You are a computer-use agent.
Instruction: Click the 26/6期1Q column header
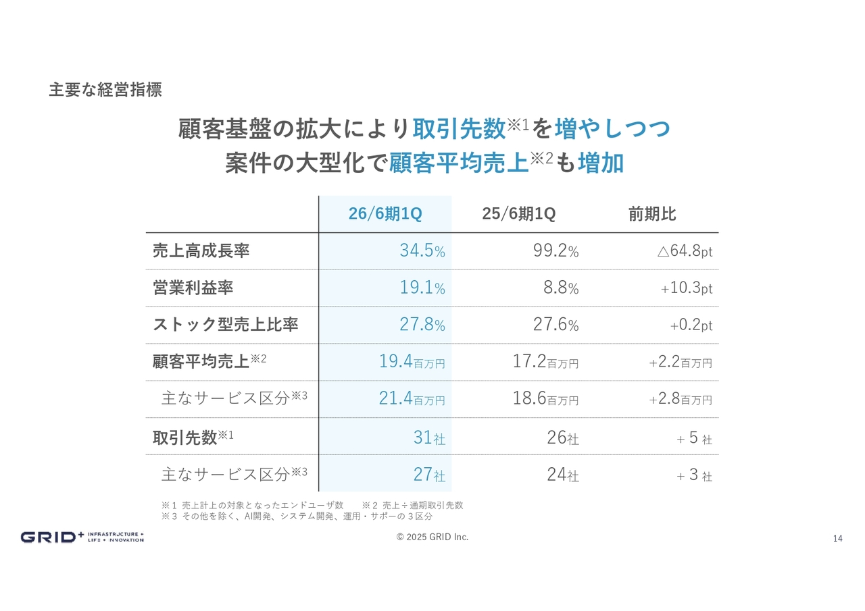385,214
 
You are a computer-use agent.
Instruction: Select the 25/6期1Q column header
519,214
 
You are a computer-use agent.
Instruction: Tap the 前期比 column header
652,214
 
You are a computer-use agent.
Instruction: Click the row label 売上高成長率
201,251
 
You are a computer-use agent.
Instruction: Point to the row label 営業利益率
193,288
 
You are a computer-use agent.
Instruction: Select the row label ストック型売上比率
226,325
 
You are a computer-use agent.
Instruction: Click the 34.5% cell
422,251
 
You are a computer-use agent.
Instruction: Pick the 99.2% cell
555,251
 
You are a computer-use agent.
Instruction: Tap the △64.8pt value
685,252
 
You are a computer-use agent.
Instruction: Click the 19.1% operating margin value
422,288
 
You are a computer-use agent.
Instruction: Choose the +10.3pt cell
686,288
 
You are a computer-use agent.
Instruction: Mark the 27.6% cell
555,325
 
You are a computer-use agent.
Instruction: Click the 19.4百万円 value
412,362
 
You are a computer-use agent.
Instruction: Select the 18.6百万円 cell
545,398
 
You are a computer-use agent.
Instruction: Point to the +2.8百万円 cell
681,399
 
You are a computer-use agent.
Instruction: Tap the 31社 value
429,438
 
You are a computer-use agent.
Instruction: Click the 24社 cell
563,475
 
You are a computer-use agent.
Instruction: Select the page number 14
838,538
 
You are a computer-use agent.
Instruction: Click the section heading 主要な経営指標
105,90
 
